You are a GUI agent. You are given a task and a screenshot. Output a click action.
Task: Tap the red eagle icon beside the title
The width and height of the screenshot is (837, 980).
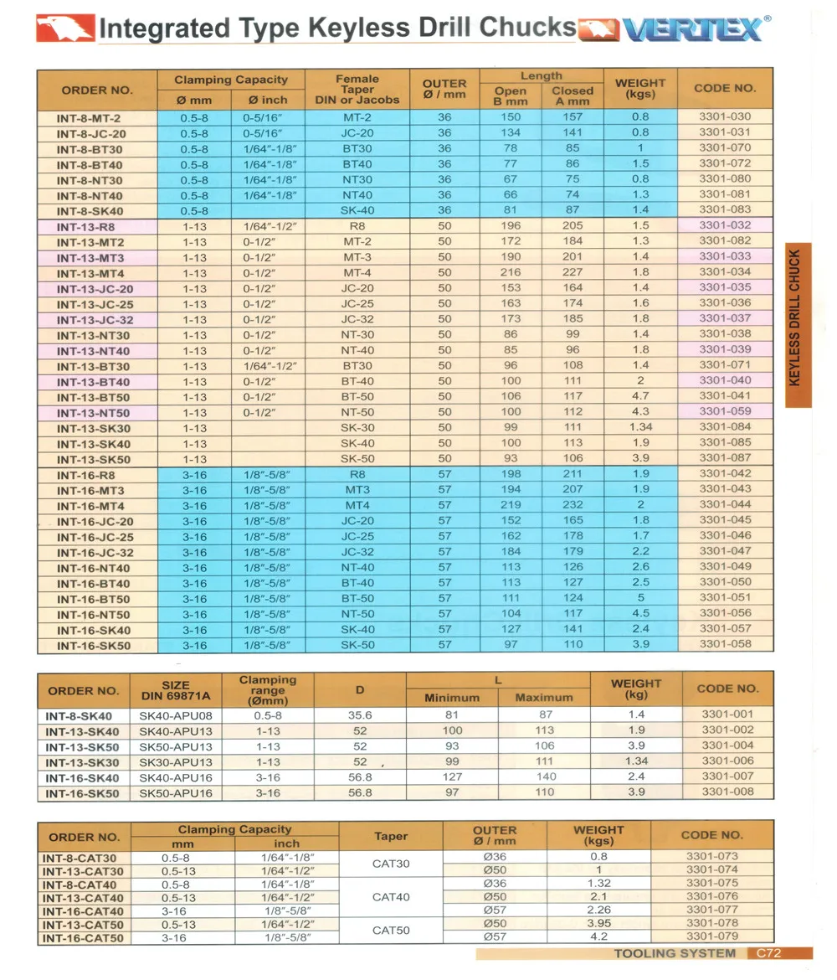pos(65,28)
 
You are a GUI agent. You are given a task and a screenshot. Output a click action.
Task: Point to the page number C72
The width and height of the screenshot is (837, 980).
pos(769,953)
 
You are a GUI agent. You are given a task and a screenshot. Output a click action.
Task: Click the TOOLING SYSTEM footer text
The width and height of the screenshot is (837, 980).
pos(675,953)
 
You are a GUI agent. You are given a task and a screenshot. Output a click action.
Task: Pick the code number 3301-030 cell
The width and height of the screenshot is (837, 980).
pos(725,117)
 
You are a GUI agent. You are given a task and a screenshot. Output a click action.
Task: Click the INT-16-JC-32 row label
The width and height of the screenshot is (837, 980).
pos(95,553)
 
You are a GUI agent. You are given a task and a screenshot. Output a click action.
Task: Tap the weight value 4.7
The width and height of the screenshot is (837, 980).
pos(640,396)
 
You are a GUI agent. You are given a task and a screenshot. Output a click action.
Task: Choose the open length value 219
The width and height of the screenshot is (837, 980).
pos(511,505)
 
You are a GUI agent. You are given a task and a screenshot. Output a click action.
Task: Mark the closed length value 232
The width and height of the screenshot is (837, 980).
pos(573,505)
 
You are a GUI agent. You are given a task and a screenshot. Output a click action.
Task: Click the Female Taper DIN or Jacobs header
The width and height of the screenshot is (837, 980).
pos(357,90)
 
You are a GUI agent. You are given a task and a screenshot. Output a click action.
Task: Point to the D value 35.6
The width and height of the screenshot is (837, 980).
pos(360,716)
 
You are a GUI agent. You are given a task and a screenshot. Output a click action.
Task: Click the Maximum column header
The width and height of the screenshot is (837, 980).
pos(544,698)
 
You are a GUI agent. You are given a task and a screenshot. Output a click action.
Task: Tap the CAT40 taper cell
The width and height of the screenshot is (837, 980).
pos(390,897)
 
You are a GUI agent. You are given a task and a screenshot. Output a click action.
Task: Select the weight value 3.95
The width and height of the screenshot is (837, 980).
pos(598,923)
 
